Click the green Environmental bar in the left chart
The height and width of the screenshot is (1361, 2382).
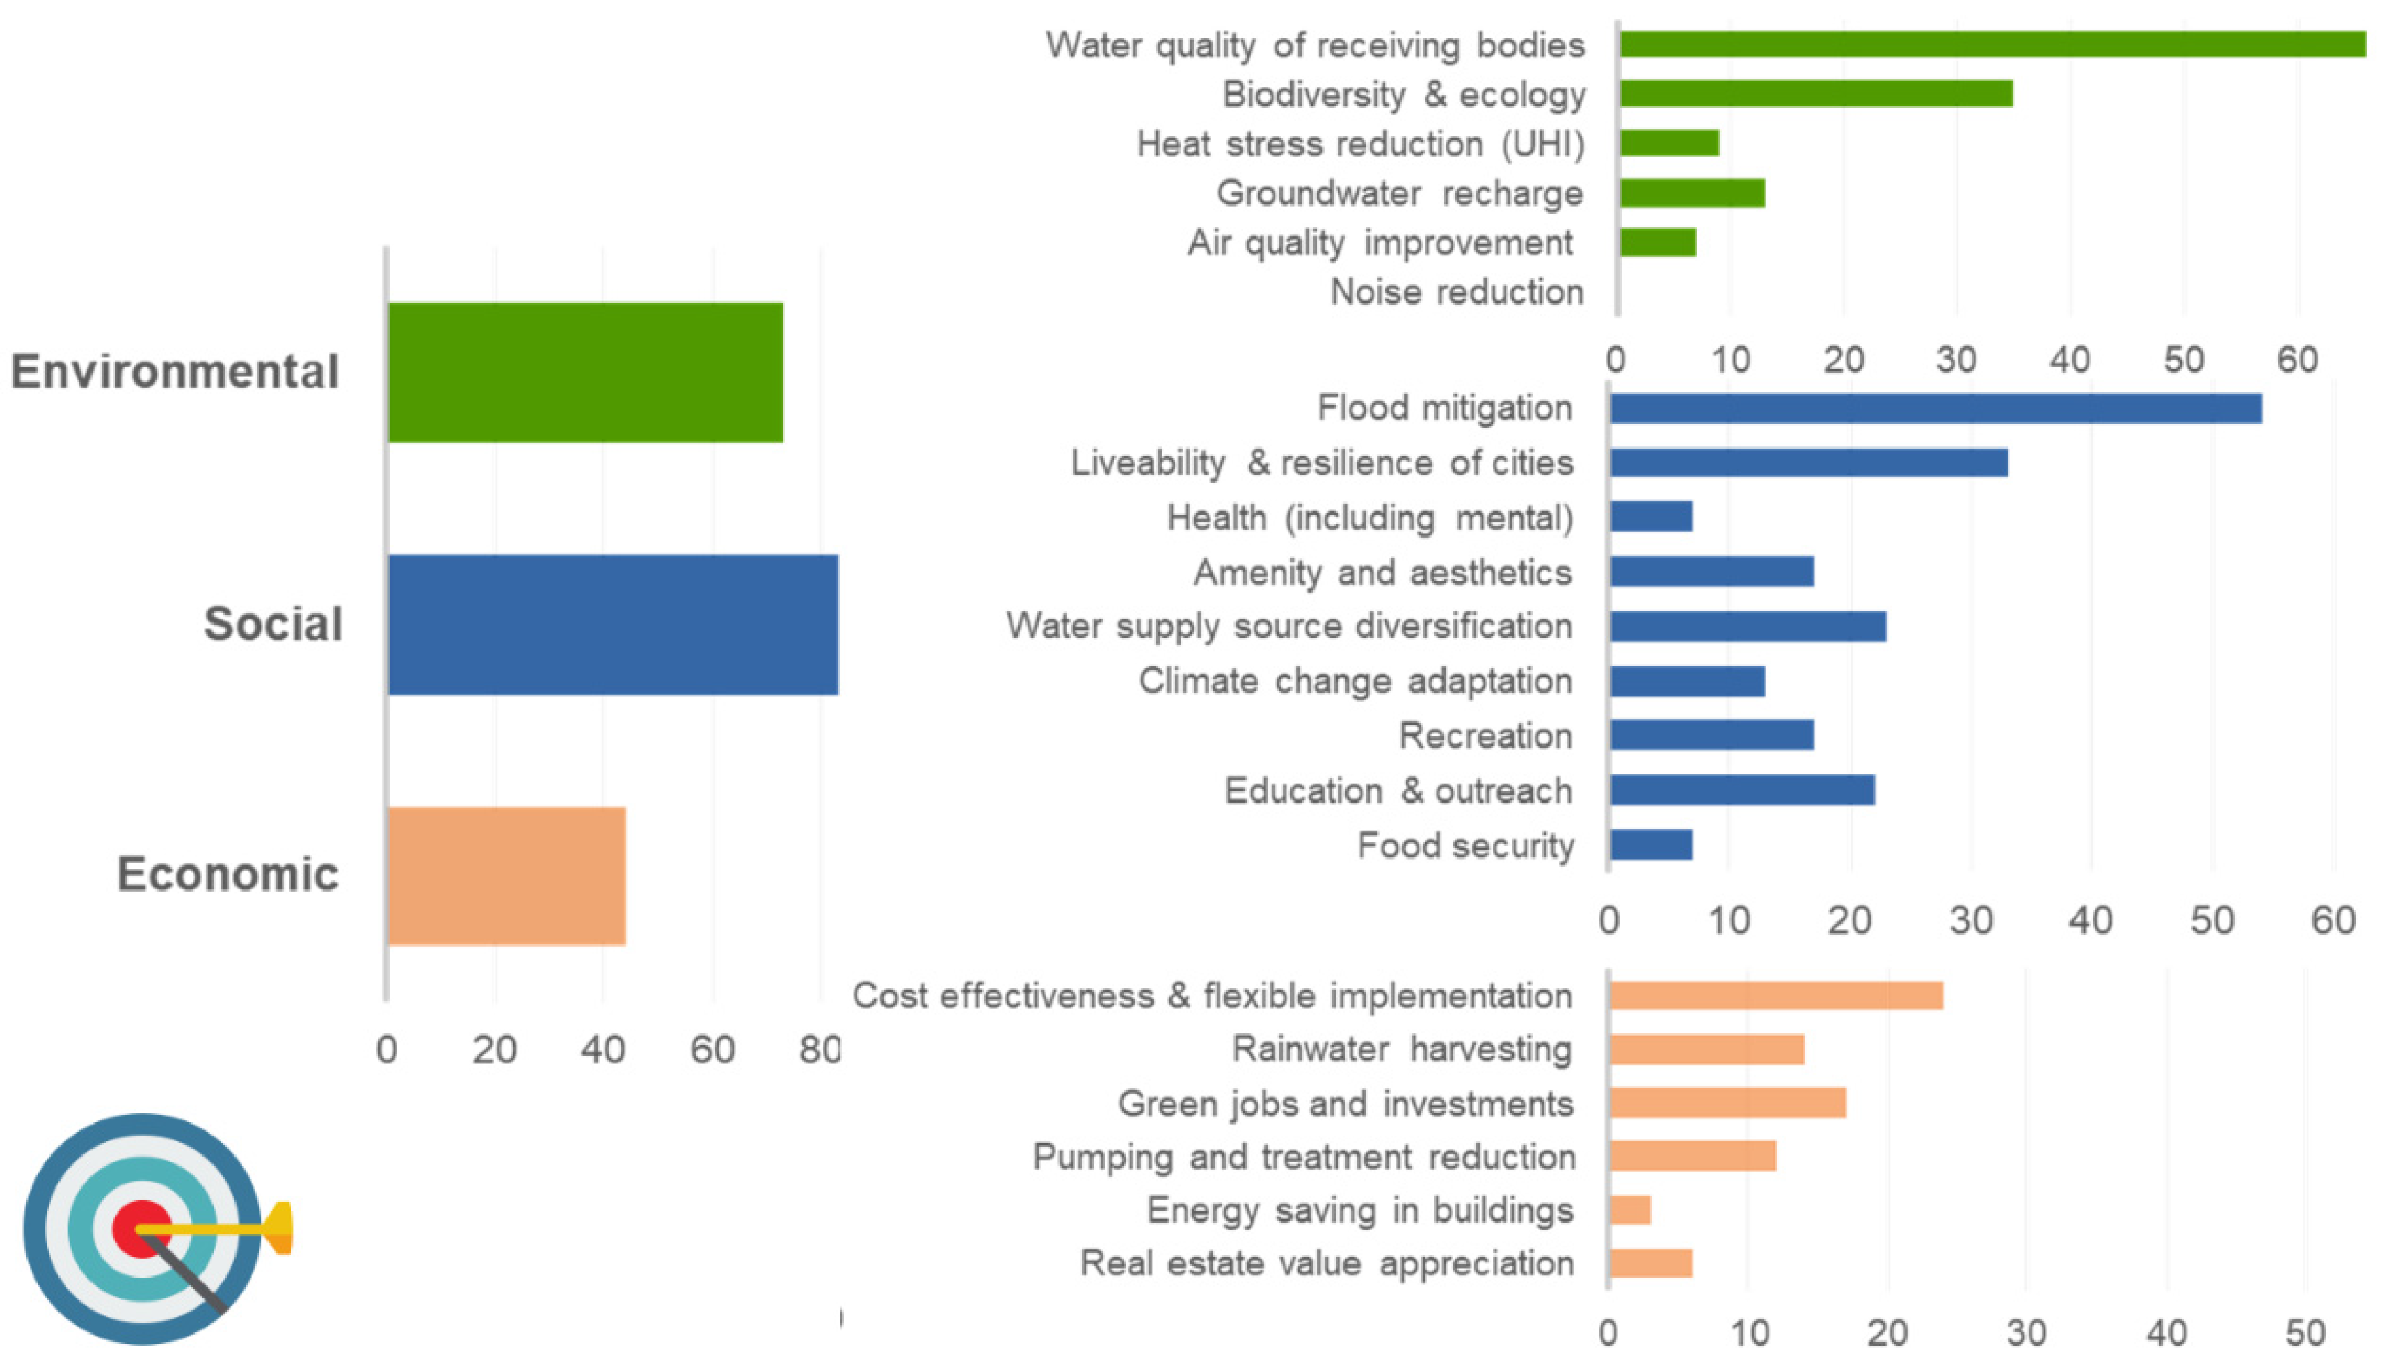tap(585, 372)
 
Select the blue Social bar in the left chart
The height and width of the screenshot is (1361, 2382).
tap(612, 625)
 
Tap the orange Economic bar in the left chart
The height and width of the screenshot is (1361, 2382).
tap(506, 876)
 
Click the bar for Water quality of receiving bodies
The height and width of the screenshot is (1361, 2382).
tap(1991, 44)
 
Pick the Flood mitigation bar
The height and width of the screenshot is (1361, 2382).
tap(1935, 408)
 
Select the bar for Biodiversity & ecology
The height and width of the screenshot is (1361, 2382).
tap(1816, 93)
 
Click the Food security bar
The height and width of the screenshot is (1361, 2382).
tap(1651, 845)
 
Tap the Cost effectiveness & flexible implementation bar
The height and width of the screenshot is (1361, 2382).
tap(1776, 995)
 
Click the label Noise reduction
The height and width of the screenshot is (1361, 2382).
tap(1457, 291)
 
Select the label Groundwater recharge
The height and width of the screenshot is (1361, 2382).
tap(1400, 193)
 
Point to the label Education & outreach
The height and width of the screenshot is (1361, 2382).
tap(1398, 791)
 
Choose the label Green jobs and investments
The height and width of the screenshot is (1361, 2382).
tap(1345, 1104)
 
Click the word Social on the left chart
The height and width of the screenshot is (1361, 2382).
tap(273, 624)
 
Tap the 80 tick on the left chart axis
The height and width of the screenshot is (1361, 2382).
tap(819, 1049)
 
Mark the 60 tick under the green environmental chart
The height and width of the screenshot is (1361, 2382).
tap(2297, 360)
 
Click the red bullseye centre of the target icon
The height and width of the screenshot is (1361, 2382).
tap(141, 1228)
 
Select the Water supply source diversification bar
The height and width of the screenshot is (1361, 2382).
tap(1748, 627)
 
